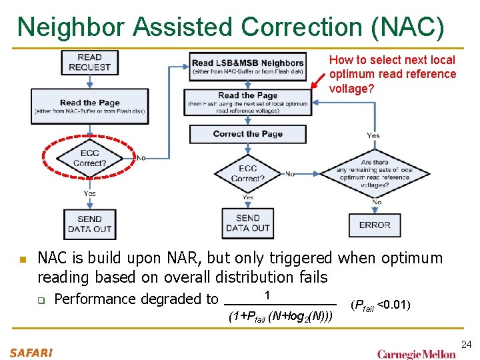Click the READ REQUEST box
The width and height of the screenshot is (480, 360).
pos(89,62)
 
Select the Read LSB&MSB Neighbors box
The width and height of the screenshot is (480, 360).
pos(247,67)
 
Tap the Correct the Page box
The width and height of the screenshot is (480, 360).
pos(247,134)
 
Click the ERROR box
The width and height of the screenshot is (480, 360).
pos(375,225)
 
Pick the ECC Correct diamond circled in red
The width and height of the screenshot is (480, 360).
pos(89,158)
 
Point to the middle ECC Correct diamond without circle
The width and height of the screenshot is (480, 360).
pos(247,173)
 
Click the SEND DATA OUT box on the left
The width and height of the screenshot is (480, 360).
pos(89,224)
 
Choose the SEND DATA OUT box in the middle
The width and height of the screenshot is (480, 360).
pos(247,223)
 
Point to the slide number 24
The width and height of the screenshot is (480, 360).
pos(466,344)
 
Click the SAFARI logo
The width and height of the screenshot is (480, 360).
pos(31,352)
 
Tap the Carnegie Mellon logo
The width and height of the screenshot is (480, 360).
pos(417,353)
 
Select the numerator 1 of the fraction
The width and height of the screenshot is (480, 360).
pos(267,295)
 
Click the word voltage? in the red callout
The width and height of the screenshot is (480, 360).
pos(352,89)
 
